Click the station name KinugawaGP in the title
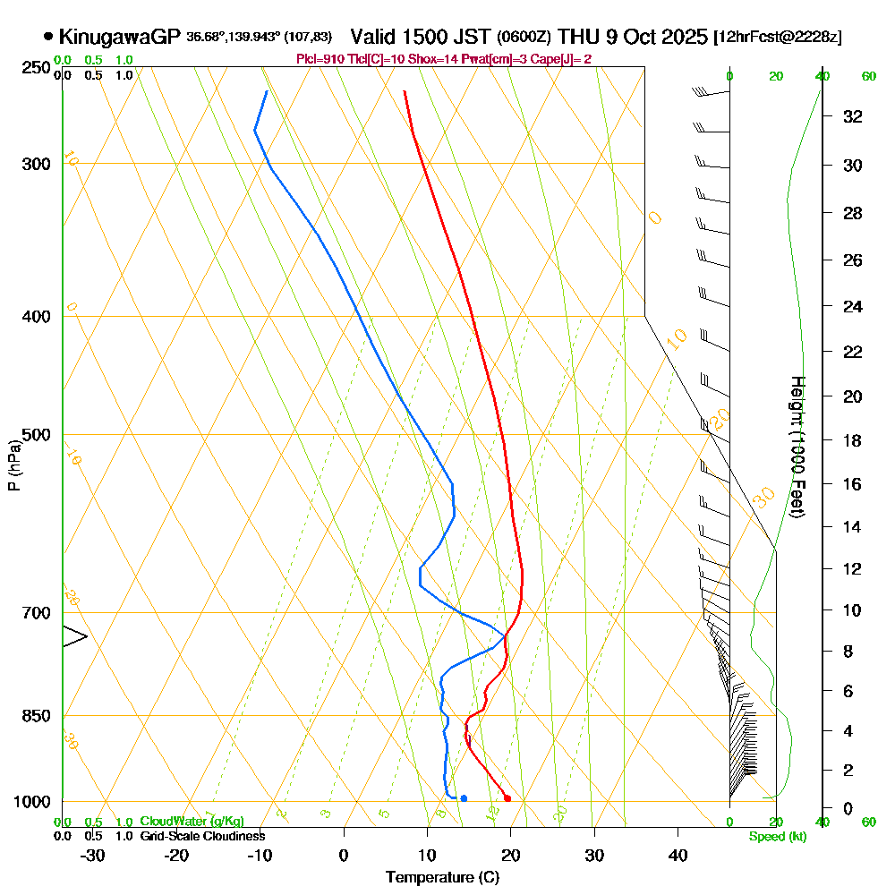pyautogui.click(x=120, y=37)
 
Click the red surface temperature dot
pyautogui.click(x=507, y=798)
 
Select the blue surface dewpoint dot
pyautogui.click(x=464, y=797)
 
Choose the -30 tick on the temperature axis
pyautogui.click(x=93, y=854)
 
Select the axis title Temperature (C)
pyautogui.click(x=442, y=877)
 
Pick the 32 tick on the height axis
pyautogui.click(x=853, y=116)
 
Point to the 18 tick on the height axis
pyautogui.click(x=853, y=440)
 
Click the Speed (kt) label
pyautogui.click(x=777, y=837)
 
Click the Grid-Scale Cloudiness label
pyautogui.click(x=201, y=836)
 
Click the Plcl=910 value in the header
pyautogui.click(x=317, y=59)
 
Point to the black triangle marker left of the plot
pyautogui.click(x=74, y=637)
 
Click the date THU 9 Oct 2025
pyautogui.click(x=632, y=37)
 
